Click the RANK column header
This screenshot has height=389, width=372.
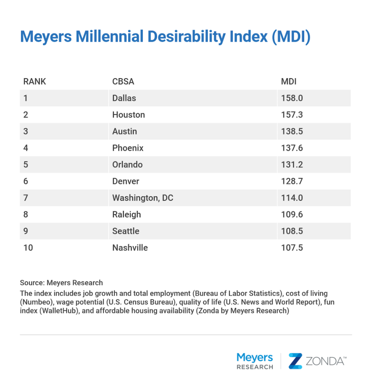pyautogui.click(x=34, y=82)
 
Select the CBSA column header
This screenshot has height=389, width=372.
pyautogui.click(x=123, y=82)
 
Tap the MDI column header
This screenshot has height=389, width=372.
pyautogui.click(x=289, y=82)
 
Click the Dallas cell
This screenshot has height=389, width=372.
pyautogui.click(x=124, y=98)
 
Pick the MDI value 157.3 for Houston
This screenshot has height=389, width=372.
pyautogui.click(x=292, y=115)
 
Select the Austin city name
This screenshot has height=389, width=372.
pyautogui.click(x=124, y=131)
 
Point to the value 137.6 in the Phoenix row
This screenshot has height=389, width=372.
pyautogui.click(x=292, y=148)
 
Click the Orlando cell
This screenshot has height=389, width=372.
pyautogui.click(x=127, y=165)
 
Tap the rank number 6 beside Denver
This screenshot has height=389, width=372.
pyautogui.click(x=25, y=181)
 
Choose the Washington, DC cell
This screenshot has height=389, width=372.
pyautogui.click(x=143, y=198)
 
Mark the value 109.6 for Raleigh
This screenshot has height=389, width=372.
pyautogui.click(x=292, y=214)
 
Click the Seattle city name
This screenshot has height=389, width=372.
pyautogui.click(x=126, y=231)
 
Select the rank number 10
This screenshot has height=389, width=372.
pyautogui.click(x=28, y=247)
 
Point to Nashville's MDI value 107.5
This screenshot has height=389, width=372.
pyautogui.click(x=292, y=247)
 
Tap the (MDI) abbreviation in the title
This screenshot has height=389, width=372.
pyautogui.click(x=290, y=37)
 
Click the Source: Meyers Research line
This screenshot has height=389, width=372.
pyautogui.click(x=61, y=283)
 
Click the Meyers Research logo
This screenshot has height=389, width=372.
pyautogui.click(x=254, y=361)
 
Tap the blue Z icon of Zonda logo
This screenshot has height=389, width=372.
pyautogui.click(x=295, y=361)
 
